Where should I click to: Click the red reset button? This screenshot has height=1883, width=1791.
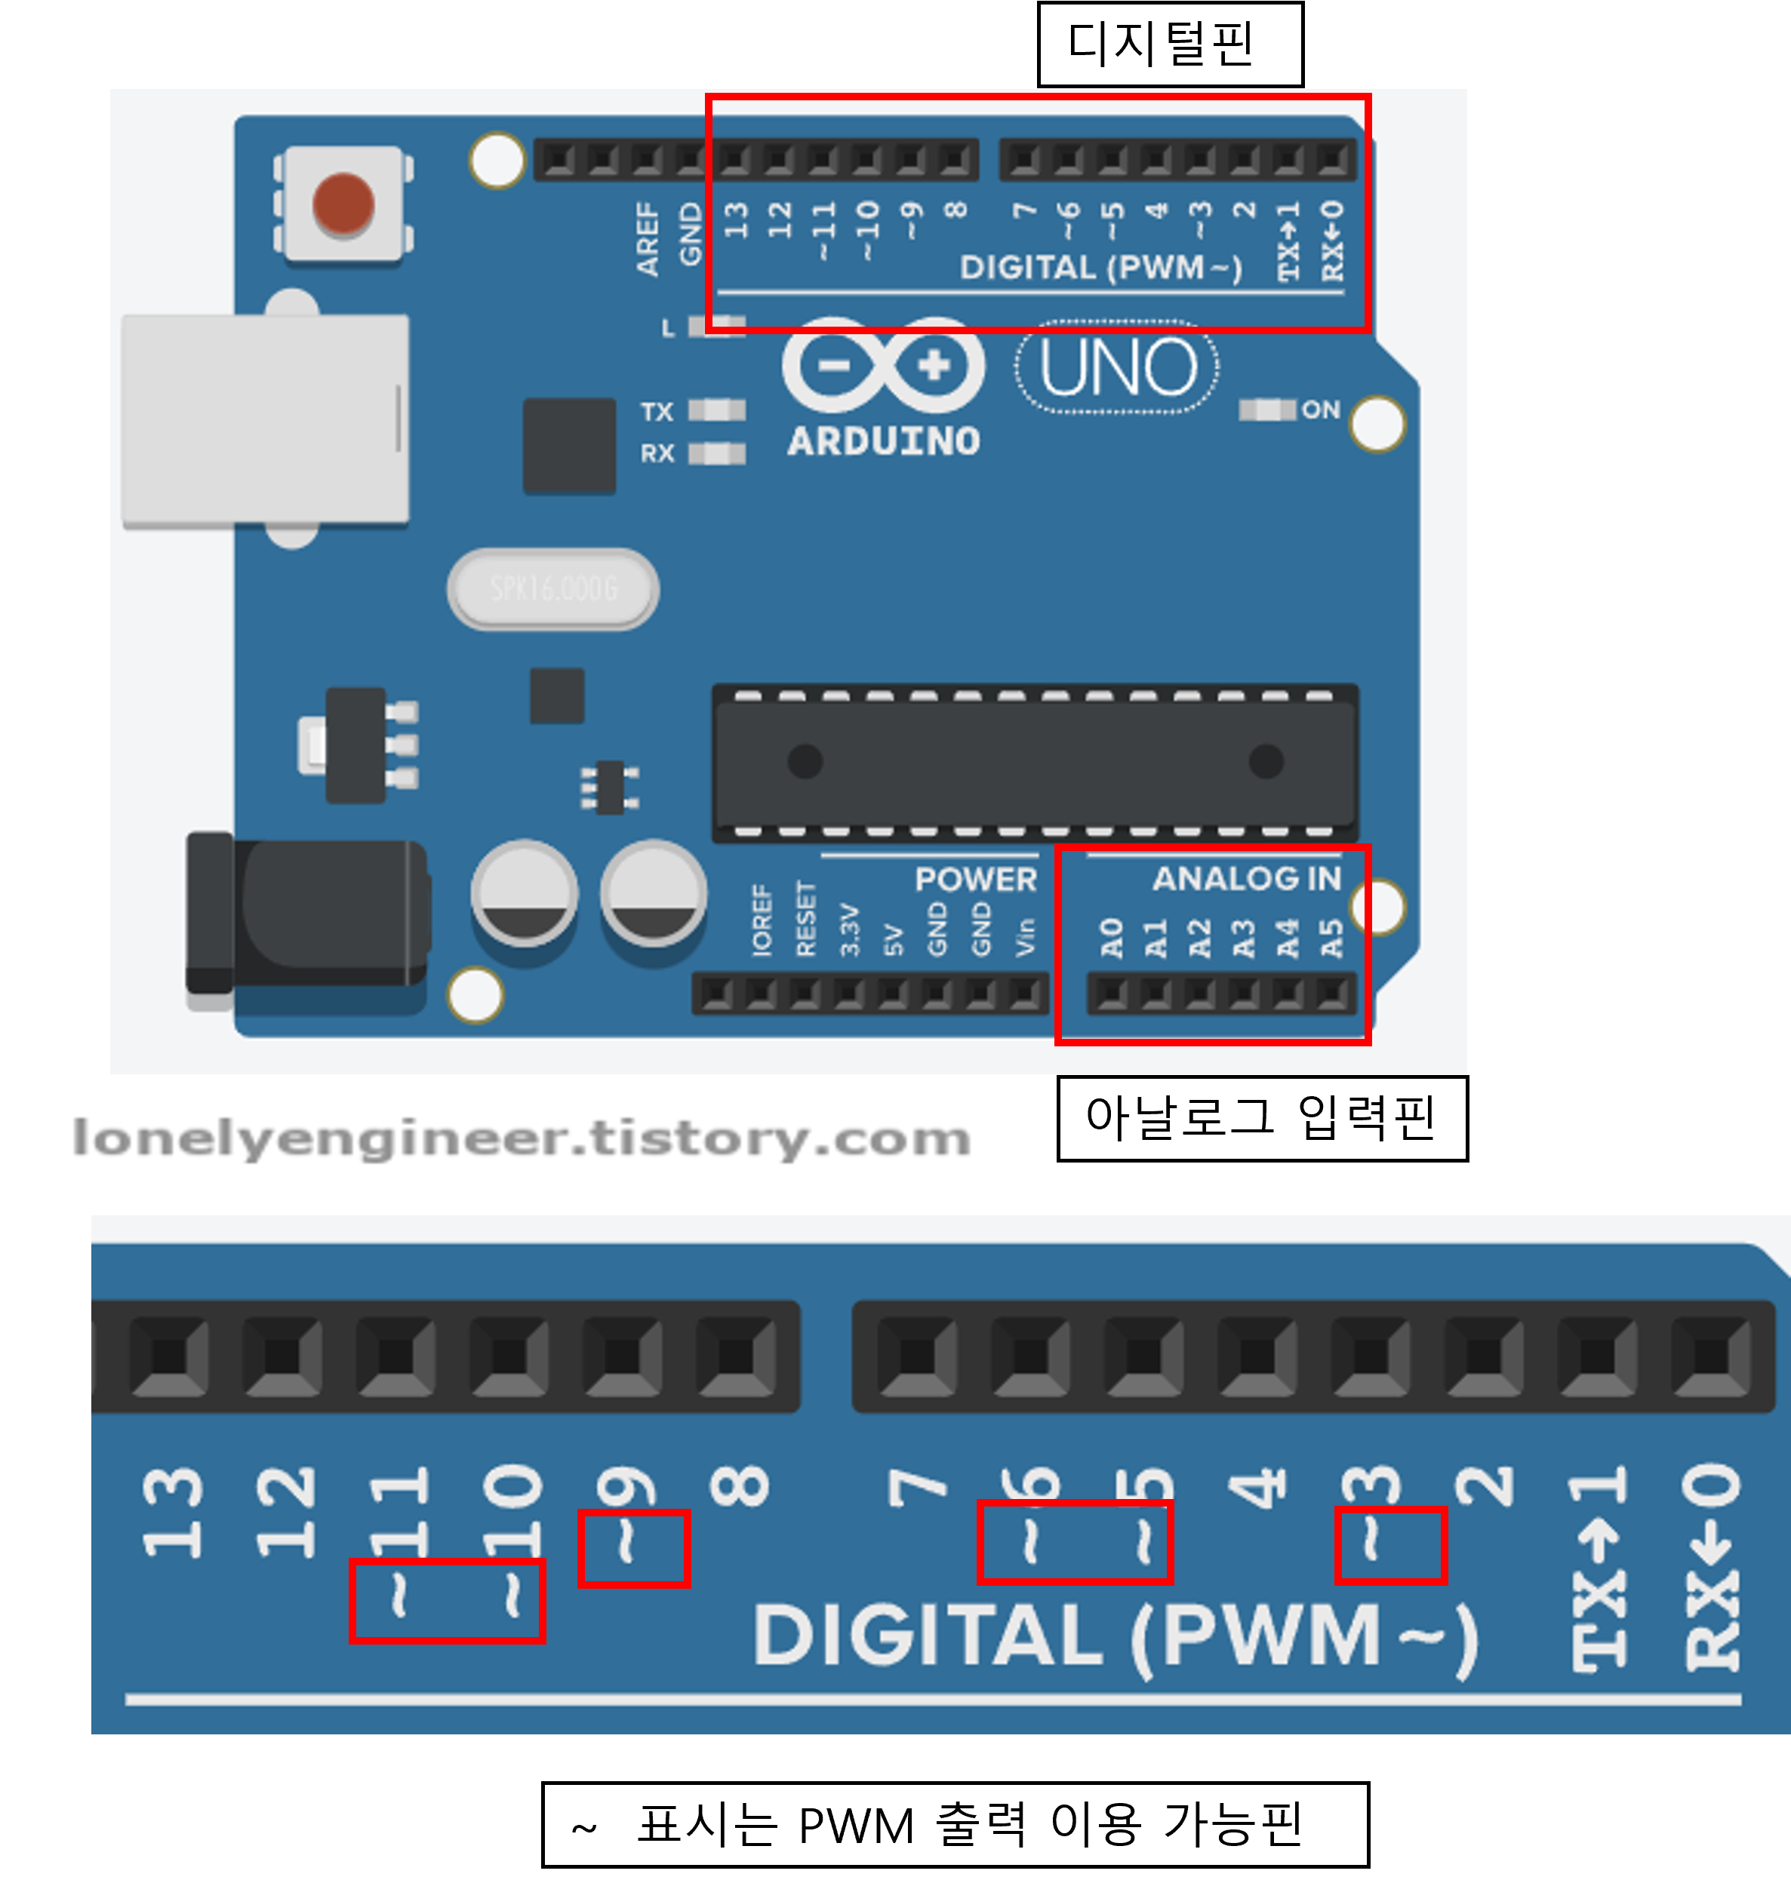[343, 203]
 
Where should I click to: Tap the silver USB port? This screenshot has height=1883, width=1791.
[266, 420]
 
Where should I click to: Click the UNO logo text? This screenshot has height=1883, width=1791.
[1117, 367]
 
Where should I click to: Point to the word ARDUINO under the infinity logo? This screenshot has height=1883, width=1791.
[883, 441]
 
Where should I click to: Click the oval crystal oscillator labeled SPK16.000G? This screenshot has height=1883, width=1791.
[552, 588]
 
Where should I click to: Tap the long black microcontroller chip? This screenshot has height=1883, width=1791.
[1035, 762]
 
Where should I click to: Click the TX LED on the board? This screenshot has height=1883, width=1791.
[716, 411]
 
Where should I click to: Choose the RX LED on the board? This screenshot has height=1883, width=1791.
[716, 453]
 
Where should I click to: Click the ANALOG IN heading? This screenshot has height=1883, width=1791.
[1246, 878]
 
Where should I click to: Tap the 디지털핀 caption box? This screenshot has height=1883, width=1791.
[1170, 45]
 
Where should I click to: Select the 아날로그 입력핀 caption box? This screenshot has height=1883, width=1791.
[1261, 1117]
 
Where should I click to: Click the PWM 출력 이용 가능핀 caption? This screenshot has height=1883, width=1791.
[955, 1824]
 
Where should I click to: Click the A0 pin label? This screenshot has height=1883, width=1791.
[1111, 938]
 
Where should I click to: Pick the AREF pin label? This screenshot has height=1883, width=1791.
[648, 238]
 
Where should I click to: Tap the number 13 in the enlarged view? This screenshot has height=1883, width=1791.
[173, 1513]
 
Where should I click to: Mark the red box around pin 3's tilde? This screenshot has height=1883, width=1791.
[1390, 1545]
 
